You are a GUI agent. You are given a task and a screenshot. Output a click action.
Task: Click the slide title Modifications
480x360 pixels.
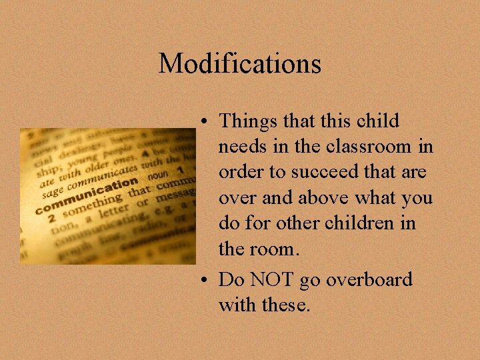pyautogui.click(x=240, y=64)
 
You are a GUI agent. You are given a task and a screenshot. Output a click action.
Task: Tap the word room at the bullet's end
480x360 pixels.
pyautogui.click(x=277, y=249)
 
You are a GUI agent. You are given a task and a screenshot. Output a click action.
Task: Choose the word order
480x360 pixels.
pyautogui.click(x=241, y=173)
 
